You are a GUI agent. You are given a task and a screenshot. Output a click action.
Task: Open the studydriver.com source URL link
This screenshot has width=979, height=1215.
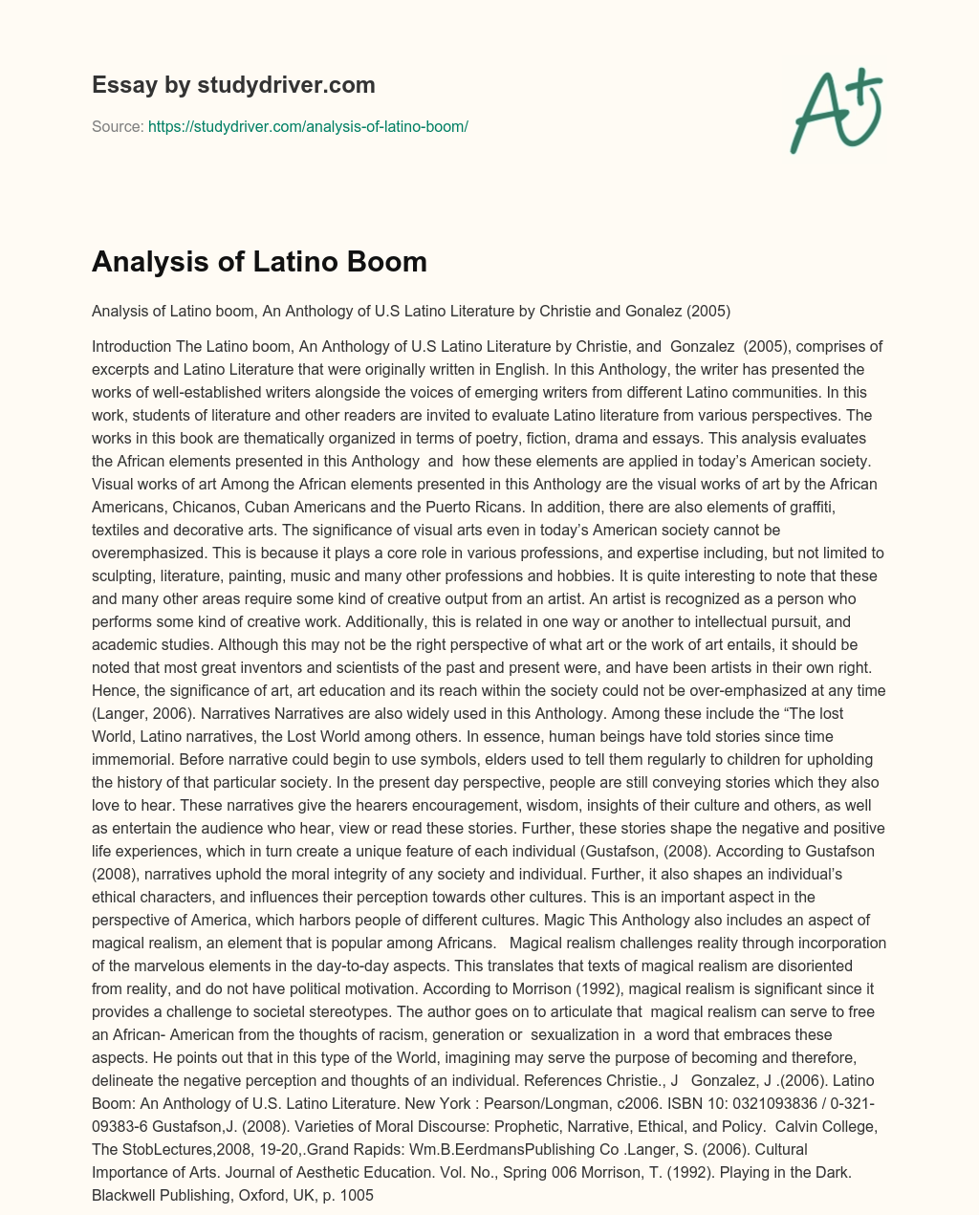pos(308,126)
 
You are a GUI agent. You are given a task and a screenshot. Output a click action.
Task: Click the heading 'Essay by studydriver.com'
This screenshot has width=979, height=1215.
pos(233,85)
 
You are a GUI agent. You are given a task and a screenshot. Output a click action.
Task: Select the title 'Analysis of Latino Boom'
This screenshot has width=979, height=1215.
pos(259,261)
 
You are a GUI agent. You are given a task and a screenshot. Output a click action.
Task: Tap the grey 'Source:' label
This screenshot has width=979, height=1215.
pos(118,126)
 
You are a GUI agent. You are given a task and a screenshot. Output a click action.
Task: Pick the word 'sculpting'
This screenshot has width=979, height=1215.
pos(126,575)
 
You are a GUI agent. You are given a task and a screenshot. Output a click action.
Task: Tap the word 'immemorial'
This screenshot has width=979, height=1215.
pos(133,759)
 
